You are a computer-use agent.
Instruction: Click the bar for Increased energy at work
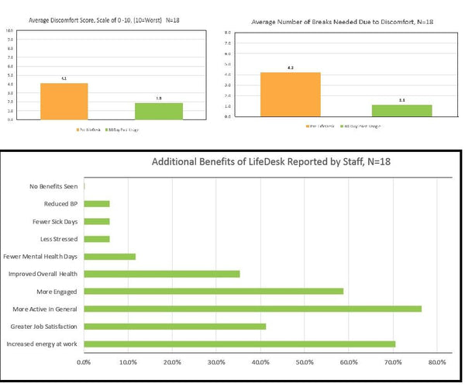[239, 344]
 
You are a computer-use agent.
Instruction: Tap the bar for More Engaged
[213, 292]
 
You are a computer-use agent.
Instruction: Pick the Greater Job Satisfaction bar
[174, 327]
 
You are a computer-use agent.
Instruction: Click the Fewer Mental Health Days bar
[109, 257]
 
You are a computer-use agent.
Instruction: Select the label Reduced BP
[60, 205]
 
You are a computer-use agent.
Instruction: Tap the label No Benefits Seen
[53, 187]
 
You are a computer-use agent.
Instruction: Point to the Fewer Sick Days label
[54, 222]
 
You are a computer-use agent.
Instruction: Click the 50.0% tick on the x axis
[305, 361]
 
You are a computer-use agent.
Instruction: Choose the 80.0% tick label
[437, 361]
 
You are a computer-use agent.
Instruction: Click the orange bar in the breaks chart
[291, 94]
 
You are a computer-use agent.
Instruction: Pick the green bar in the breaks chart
[402, 110]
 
